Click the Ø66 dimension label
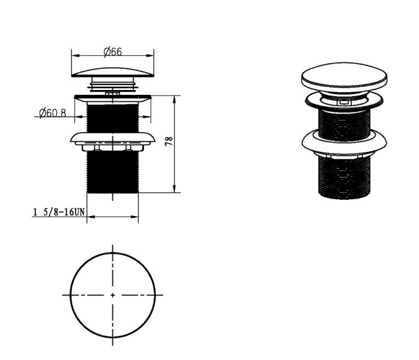coord(112,51)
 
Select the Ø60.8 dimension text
coord(52,113)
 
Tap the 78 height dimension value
coord(169,141)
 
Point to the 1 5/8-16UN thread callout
coord(58,212)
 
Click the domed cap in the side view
coord(113,73)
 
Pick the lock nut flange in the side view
coord(113,139)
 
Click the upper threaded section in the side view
coord(113,118)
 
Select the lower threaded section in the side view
coord(113,172)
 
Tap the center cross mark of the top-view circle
coord(112,295)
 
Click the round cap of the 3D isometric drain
coord(344,77)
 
